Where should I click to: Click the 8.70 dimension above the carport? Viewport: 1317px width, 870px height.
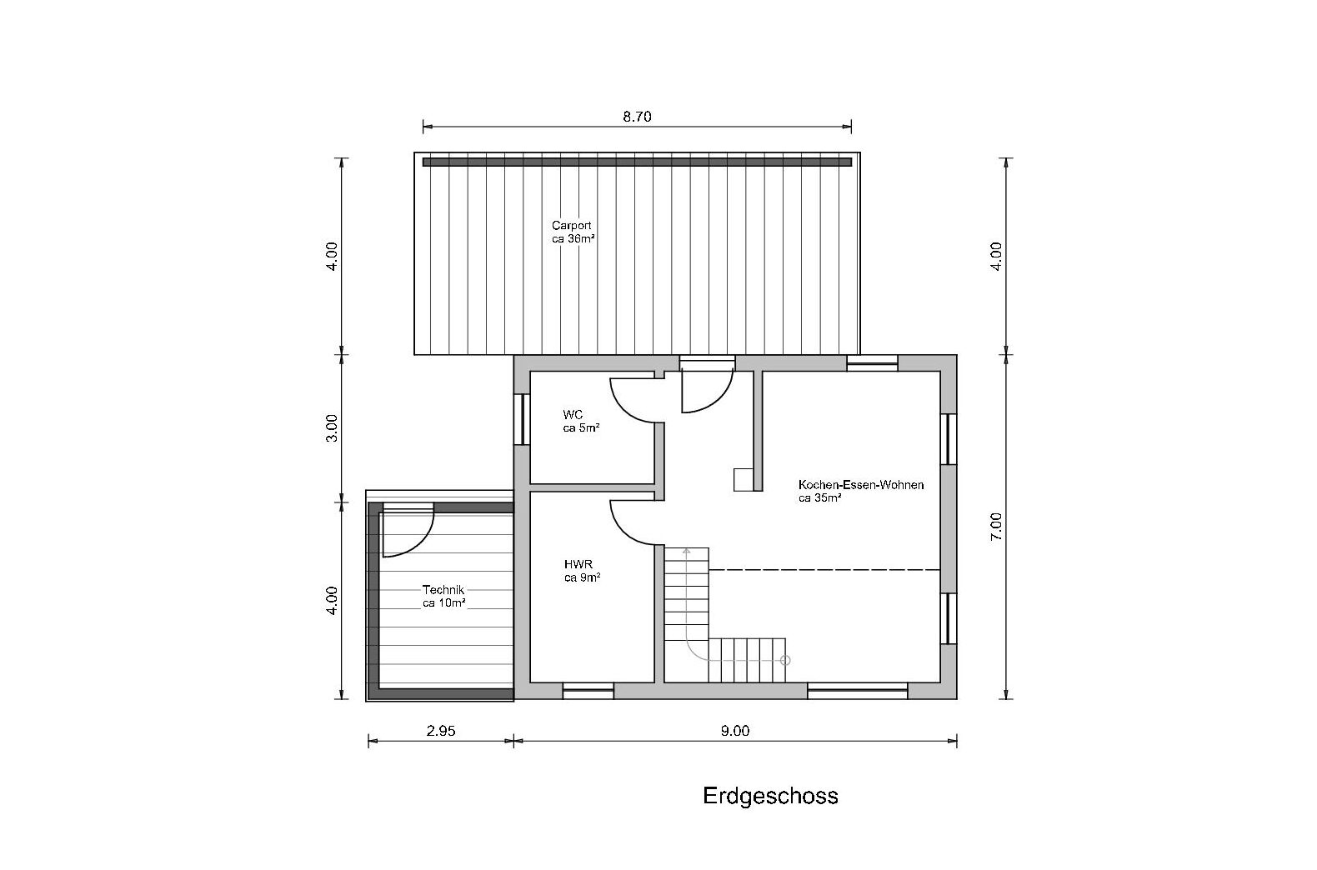click(x=637, y=117)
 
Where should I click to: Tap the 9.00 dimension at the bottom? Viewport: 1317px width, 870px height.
click(x=735, y=731)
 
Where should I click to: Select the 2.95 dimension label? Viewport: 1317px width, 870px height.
click(x=441, y=731)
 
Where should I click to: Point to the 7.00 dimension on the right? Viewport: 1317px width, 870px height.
click(x=996, y=527)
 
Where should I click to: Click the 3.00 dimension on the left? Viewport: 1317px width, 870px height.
click(x=333, y=428)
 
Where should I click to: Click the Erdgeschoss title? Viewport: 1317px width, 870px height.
click(x=770, y=796)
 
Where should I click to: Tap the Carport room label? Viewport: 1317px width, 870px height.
click(x=572, y=225)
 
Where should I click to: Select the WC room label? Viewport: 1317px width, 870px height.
click(x=573, y=414)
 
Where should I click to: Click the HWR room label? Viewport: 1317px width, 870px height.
click(x=578, y=564)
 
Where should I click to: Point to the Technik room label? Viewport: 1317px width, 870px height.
click(x=443, y=590)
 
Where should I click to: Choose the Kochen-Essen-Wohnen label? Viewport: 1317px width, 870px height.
click(x=861, y=485)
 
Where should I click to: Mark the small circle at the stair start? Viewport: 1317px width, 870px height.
click(x=785, y=660)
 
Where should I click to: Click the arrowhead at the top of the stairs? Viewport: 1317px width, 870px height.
click(x=685, y=552)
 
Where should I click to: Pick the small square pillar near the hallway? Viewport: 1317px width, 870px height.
click(x=743, y=480)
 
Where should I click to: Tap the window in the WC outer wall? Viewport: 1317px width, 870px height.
click(x=521, y=419)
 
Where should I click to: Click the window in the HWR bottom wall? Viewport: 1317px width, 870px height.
click(x=588, y=691)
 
